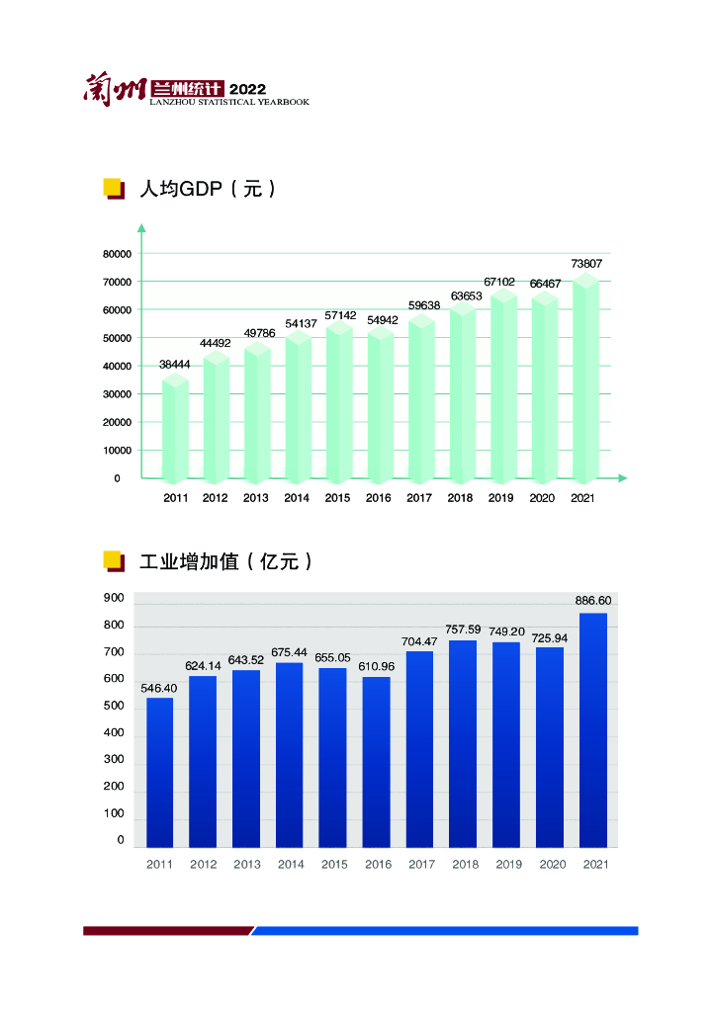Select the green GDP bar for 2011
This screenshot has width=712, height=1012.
[x=175, y=430]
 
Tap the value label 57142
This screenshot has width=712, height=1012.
[x=340, y=315]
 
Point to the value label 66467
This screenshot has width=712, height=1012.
[x=544, y=284]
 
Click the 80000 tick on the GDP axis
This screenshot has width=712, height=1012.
[x=117, y=254]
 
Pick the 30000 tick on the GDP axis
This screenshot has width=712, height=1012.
[x=117, y=394]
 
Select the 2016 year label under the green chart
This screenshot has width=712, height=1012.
[x=379, y=498]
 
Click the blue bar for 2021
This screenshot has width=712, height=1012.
[x=593, y=731]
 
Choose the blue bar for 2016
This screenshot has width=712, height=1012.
[x=376, y=762]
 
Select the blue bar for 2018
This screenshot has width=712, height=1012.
[x=463, y=744]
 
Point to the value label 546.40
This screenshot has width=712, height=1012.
[x=159, y=688]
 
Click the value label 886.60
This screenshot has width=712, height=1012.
[x=593, y=601]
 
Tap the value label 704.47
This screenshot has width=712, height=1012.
[x=419, y=641]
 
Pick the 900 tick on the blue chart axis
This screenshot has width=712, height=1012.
[x=114, y=598]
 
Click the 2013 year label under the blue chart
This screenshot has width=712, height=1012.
[x=247, y=865]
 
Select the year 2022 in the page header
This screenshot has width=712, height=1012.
[x=247, y=89]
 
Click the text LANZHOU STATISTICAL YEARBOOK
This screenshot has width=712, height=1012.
[x=229, y=102]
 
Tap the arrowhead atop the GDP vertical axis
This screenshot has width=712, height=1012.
[x=141, y=229]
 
